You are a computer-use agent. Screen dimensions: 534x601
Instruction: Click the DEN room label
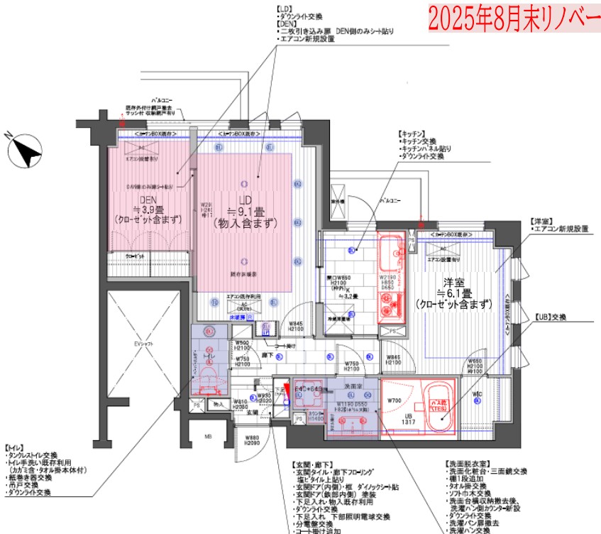click(148, 200)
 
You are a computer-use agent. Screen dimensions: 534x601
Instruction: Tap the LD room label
click(246, 200)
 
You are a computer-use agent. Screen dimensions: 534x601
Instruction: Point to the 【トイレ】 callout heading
click(16, 448)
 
